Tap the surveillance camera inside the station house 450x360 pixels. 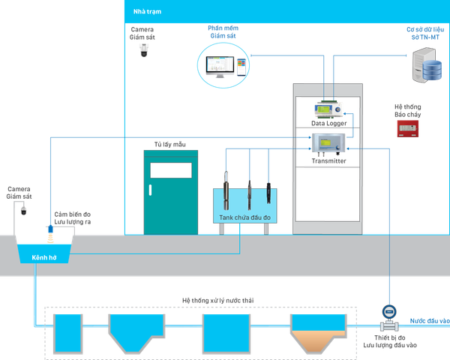pyautogui.click(x=143, y=49)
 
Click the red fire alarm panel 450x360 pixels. pyautogui.click(x=407, y=127)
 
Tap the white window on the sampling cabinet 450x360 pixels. pyautogui.click(x=170, y=169)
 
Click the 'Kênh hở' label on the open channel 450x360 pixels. pyautogui.click(x=44, y=257)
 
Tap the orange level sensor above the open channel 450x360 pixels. pyautogui.click(x=49, y=233)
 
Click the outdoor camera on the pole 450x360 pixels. pyautogui.click(x=22, y=212)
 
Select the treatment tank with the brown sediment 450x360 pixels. pyautogui.click(x=319, y=332)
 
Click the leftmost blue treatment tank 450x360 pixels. pyautogui.click(x=65, y=332)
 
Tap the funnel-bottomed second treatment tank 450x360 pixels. pyautogui.click(x=136, y=330)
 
